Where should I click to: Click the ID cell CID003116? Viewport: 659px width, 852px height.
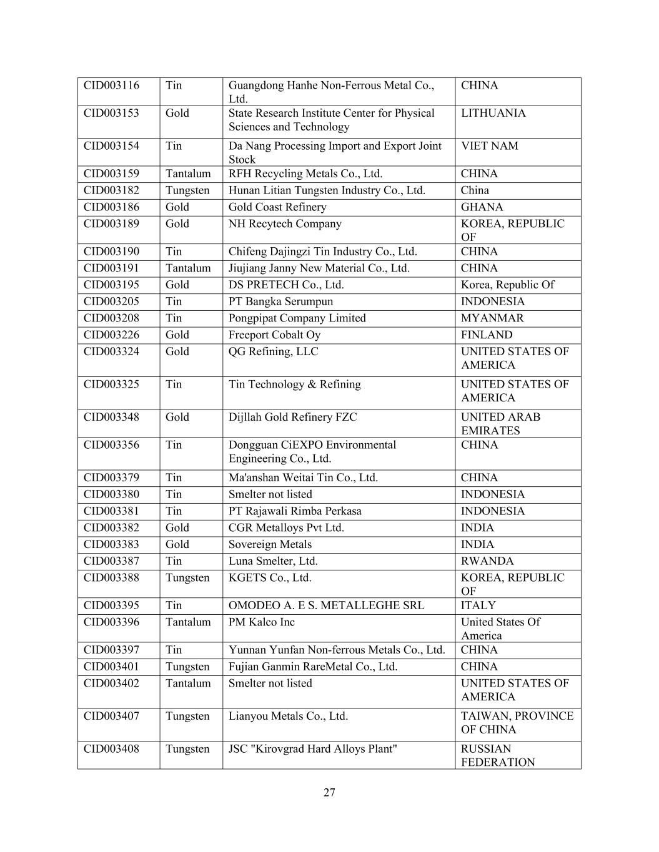(112, 86)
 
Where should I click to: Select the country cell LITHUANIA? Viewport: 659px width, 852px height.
(493, 113)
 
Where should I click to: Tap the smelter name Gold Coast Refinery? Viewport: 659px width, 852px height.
(277, 207)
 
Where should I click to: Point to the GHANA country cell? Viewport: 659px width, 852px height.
(482, 207)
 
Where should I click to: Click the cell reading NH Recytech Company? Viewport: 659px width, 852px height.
(285, 224)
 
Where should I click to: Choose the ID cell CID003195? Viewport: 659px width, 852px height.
(112, 285)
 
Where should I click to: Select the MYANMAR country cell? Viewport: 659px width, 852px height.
(492, 318)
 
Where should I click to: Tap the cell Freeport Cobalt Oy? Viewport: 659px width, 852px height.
(274, 335)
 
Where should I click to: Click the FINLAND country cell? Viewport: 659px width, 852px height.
(487, 335)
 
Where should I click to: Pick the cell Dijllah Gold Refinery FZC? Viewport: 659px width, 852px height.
(292, 417)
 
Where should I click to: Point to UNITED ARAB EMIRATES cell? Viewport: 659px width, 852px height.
(500, 424)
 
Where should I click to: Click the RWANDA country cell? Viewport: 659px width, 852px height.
(487, 561)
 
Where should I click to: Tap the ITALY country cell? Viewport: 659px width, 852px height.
(478, 605)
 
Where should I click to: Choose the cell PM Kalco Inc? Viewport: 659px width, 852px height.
(261, 622)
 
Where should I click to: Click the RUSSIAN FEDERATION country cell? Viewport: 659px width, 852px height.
(498, 755)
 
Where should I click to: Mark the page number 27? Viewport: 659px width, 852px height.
(330, 793)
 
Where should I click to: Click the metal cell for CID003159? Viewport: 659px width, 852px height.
(188, 174)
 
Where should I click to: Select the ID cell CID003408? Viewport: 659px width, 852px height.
(112, 749)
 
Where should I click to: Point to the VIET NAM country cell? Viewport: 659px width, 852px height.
(489, 146)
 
